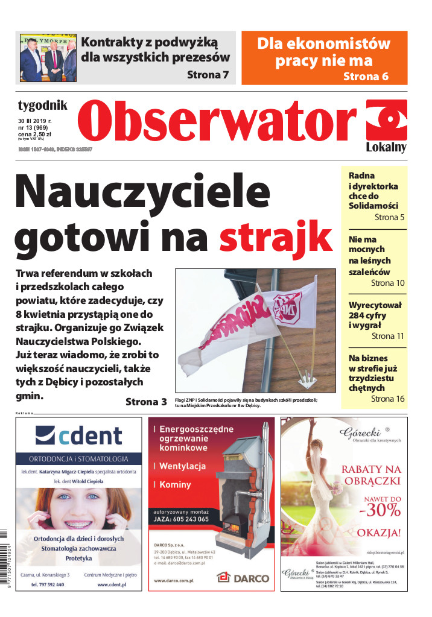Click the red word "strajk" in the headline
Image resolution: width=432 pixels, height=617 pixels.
(276, 237)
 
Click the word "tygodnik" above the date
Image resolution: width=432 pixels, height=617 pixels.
(42, 106)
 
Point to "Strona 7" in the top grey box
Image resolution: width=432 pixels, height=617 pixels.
(208, 75)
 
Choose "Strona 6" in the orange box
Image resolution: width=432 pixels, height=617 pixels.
(366, 76)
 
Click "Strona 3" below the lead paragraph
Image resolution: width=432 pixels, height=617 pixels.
(146, 402)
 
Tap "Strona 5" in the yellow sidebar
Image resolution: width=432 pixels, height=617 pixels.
(389, 217)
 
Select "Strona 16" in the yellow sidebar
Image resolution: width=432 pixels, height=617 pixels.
(387, 399)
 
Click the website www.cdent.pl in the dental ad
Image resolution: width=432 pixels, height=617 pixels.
(111, 585)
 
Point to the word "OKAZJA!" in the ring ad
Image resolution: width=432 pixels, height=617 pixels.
(379, 533)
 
